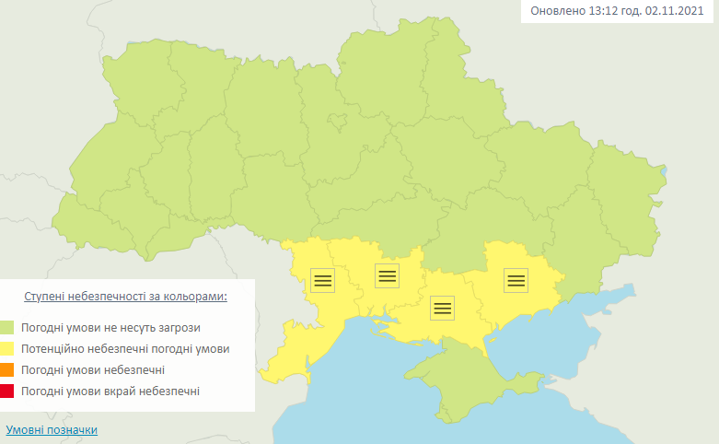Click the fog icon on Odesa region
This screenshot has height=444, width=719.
pyautogui.click(x=323, y=279)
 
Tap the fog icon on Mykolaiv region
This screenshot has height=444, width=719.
pyautogui.click(x=388, y=275)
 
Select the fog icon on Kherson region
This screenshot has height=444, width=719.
pyautogui.click(x=443, y=308)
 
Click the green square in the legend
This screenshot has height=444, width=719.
pyautogui.click(x=7, y=327)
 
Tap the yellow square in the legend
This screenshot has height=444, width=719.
pyautogui.click(x=7, y=349)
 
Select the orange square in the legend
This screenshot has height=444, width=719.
pyautogui.click(x=7, y=370)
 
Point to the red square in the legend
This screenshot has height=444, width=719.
pyautogui.click(x=7, y=392)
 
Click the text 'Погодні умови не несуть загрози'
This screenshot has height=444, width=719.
pyautogui.click(x=112, y=327)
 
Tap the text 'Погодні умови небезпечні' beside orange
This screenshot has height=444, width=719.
pyautogui.click(x=95, y=370)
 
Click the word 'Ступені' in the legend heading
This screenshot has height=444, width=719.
pyautogui.click(x=44, y=297)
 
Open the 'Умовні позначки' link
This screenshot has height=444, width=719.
pyautogui.click(x=52, y=430)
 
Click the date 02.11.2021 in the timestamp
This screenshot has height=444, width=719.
pyautogui.click(x=677, y=11)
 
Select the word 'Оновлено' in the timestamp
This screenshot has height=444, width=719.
pyautogui.click(x=558, y=11)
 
